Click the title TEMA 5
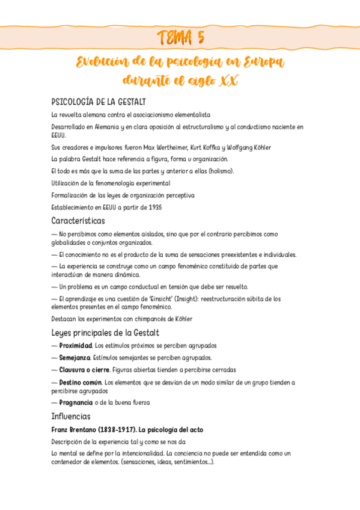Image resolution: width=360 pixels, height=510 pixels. (180, 38)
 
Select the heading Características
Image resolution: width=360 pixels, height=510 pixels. (78, 221)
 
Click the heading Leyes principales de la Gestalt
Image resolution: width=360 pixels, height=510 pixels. (105, 333)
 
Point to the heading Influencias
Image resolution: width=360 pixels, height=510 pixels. (71, 416)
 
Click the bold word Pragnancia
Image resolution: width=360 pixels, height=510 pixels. (76, 402)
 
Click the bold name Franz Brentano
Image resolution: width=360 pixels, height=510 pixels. (75, 430)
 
